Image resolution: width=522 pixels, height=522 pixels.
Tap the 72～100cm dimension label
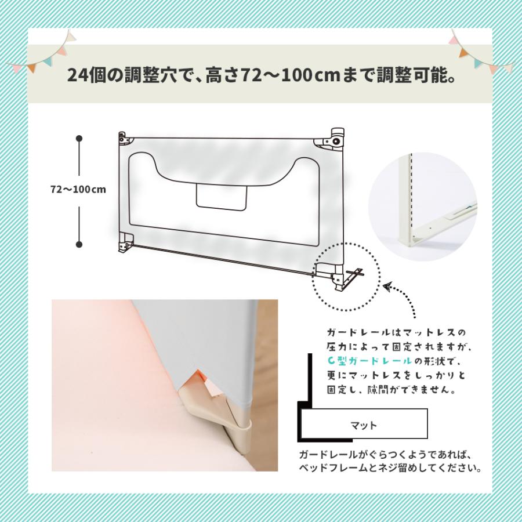tap(78, 190)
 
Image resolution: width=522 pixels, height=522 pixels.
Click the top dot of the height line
tap(79, 138)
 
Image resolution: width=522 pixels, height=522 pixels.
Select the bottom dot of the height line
tap(79, 244)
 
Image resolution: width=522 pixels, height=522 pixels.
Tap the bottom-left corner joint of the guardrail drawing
tap(126, 243)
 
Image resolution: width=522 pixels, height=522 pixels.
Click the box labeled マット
tap(364, 424)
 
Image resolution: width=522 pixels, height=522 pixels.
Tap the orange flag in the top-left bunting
tap(32, 68)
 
